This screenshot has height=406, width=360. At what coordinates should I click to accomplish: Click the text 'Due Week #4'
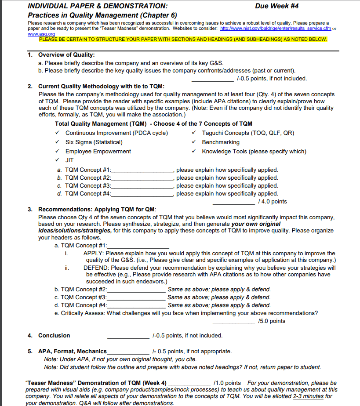point(277,6)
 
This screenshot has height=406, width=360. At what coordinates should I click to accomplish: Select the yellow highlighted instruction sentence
point(183,40)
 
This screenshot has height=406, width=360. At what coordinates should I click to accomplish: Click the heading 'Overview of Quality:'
point(66,55)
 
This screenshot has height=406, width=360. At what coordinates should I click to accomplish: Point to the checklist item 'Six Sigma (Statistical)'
point(94,142)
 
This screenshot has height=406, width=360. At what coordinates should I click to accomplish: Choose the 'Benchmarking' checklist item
point(221,142)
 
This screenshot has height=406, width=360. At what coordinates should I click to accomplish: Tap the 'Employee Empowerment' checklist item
point(98,151)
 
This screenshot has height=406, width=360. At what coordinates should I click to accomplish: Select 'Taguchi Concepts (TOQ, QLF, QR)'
point(248,133)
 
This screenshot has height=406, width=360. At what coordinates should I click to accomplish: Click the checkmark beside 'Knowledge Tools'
point(194,151)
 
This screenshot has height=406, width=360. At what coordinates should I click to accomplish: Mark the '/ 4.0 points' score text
point(273,202)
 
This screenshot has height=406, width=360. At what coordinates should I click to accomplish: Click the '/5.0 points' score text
point(272,321)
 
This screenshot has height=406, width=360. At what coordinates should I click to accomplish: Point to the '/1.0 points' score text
point(227,383)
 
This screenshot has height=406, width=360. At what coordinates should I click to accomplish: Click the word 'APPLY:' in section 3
point(94,253)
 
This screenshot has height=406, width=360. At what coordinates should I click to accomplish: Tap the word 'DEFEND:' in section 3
point(97,267)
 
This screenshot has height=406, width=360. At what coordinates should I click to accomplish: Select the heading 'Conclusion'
point(54,335)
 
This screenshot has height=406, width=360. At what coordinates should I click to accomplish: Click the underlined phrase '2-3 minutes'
point(309,396)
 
